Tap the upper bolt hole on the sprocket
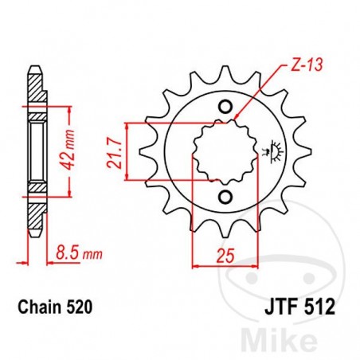pos(225,108)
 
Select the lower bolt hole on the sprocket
pos(225,196)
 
